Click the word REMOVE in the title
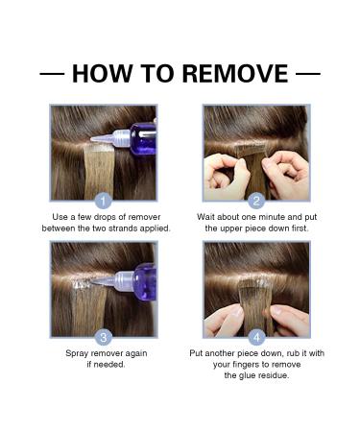(x=235, y=74)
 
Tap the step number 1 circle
(x=104, y=202)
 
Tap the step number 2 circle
(x=256, y=202)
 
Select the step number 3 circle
(x=104, y=337)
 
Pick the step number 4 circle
(x=256, y=337)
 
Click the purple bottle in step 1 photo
(x=143, y=138)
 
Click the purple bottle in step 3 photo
(x=145, y=281)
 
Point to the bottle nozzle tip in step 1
(x=91, y=139)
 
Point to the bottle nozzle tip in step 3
(x=92, y=281)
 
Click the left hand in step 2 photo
(x=226, y=177)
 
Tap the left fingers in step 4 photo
(x=224, y=320)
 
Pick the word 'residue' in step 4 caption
(x=273, y=375)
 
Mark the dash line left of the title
(x=52, y=74)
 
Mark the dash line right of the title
(x=308, y=74)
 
